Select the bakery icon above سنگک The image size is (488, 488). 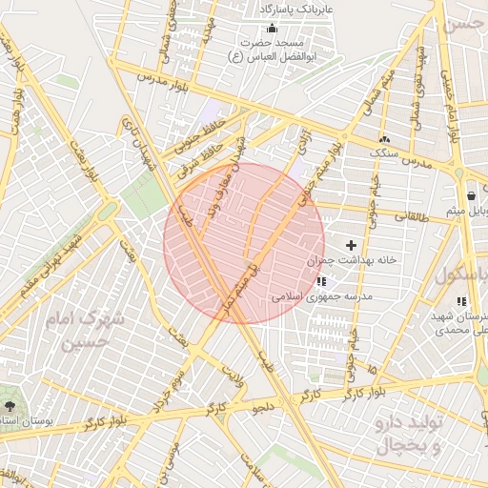[x=384, y=138]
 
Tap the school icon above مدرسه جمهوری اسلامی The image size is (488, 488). [x=321, y=281]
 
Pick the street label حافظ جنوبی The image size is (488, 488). [x=192, y=134]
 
